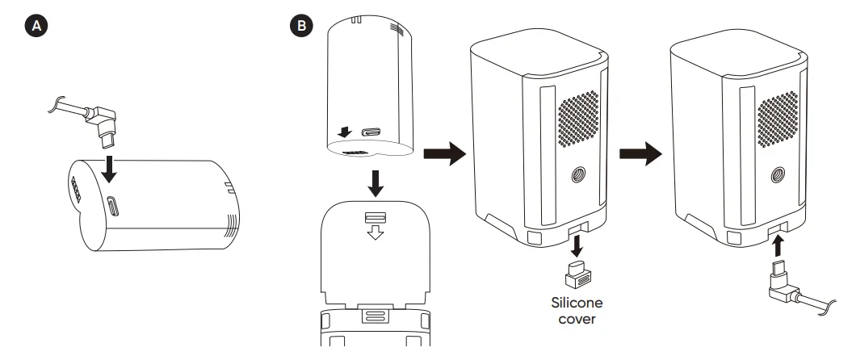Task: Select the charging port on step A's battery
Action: point(112,205)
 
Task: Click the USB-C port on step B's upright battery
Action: point(373,132)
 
